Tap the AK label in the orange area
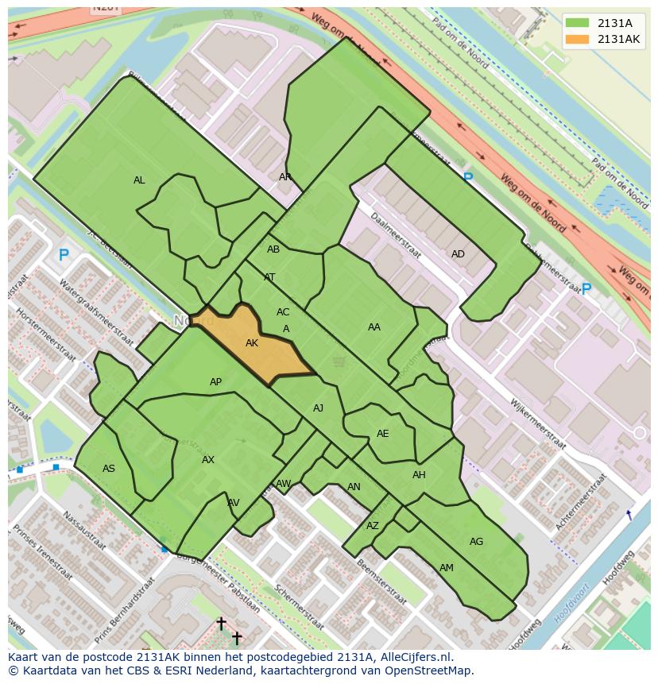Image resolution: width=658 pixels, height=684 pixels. (252, 343)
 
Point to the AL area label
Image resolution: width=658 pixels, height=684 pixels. (139, 180)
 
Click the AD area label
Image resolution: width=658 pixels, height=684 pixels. (458, 254)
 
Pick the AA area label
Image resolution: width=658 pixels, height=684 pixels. (374, 327)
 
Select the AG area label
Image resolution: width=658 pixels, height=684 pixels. (476, 542)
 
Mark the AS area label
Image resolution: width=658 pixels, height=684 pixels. (109, 469)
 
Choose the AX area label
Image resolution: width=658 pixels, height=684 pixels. (208, 460)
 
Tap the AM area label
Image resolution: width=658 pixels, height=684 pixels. (447, 568)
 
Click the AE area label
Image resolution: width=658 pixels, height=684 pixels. (383, 434)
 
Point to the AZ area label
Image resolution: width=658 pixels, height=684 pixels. (373, 526)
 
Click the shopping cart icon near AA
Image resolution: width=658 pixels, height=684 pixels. (339, 362)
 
